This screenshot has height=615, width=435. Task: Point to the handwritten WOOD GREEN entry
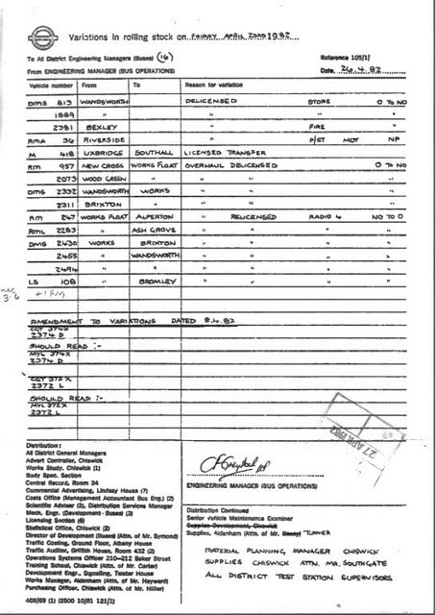tap(104, 178)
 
